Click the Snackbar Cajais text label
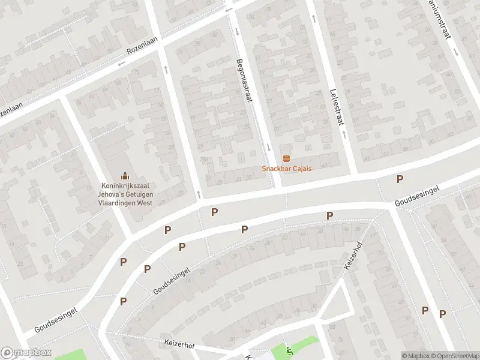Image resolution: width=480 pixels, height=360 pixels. (x=286, y=169)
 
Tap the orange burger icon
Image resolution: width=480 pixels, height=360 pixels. (x=286, y=158)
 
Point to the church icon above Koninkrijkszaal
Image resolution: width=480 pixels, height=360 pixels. (x=125, y=176)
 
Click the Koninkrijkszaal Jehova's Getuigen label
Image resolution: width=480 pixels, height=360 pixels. (x=127, y=194)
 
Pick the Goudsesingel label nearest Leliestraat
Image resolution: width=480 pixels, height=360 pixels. (x=417, y=196)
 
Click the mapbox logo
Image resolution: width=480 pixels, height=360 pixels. (x=26, y=353)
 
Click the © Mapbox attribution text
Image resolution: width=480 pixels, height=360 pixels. (x=415, y=356)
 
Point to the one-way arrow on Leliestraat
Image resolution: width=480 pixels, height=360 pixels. (x=314, y=18)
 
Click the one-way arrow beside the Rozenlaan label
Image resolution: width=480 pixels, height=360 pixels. (x=122, y=63)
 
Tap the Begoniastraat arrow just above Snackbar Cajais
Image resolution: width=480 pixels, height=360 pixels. (x=269, y=148)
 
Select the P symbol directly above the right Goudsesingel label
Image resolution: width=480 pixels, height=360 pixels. (x=400, y=179)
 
